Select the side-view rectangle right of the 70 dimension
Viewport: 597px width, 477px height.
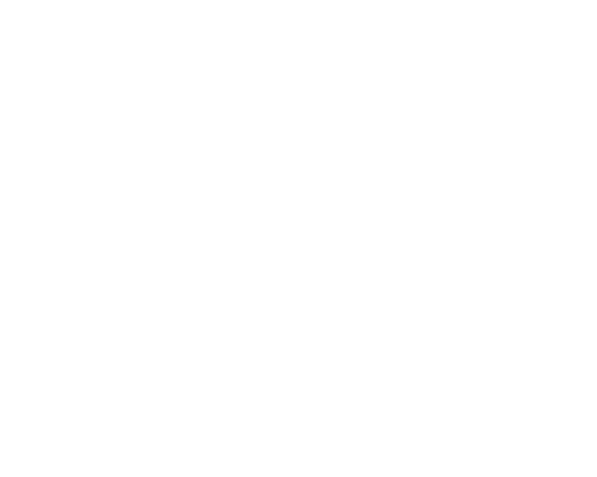point(438,218)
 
